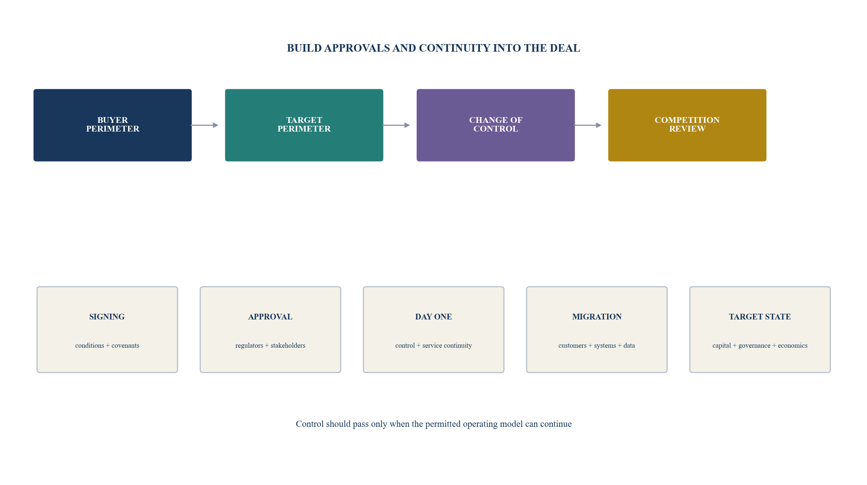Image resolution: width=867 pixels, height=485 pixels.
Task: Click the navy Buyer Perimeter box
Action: click(112, 125)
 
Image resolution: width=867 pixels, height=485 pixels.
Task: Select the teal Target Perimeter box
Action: click(304, 125)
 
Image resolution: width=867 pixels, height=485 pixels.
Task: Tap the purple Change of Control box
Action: click(496, 125)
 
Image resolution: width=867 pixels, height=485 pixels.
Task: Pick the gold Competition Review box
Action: click(687, 125)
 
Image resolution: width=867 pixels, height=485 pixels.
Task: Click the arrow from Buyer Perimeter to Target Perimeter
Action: click(204, 125)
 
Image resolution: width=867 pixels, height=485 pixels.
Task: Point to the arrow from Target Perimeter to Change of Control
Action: click(396, 125)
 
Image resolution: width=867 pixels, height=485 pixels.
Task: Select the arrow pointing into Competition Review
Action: click(588, 125)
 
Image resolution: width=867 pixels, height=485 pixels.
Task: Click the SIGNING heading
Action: click(107, 317)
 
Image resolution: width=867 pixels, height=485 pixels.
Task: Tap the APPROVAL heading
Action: click(270, 317)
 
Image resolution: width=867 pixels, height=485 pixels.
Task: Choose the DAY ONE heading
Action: click(433, 317)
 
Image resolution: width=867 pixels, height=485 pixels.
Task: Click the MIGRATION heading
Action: click(597, 317)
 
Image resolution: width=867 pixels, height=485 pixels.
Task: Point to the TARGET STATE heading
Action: click(760, 317)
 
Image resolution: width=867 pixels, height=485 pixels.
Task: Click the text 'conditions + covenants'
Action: click(107, 345)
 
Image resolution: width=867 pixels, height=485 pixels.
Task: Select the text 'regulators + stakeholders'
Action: click(270, 345)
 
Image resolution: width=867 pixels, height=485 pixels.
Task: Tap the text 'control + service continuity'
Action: click(433, 345)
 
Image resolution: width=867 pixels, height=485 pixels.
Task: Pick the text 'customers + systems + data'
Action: click(597, 345)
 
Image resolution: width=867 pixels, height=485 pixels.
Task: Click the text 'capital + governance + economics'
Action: click(760, 345)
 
